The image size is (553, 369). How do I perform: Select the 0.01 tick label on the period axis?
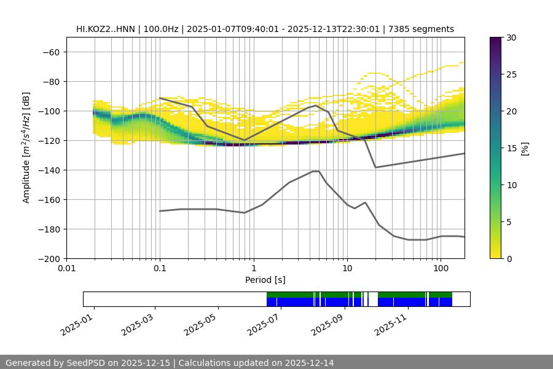(x=66, y=269)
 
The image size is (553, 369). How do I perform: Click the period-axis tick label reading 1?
(x=254, y=269)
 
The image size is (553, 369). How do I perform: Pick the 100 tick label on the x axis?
(x=441, y=269)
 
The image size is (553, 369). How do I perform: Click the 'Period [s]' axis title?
(x=265, y=280)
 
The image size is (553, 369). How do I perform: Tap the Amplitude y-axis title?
(x=26, y=148)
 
